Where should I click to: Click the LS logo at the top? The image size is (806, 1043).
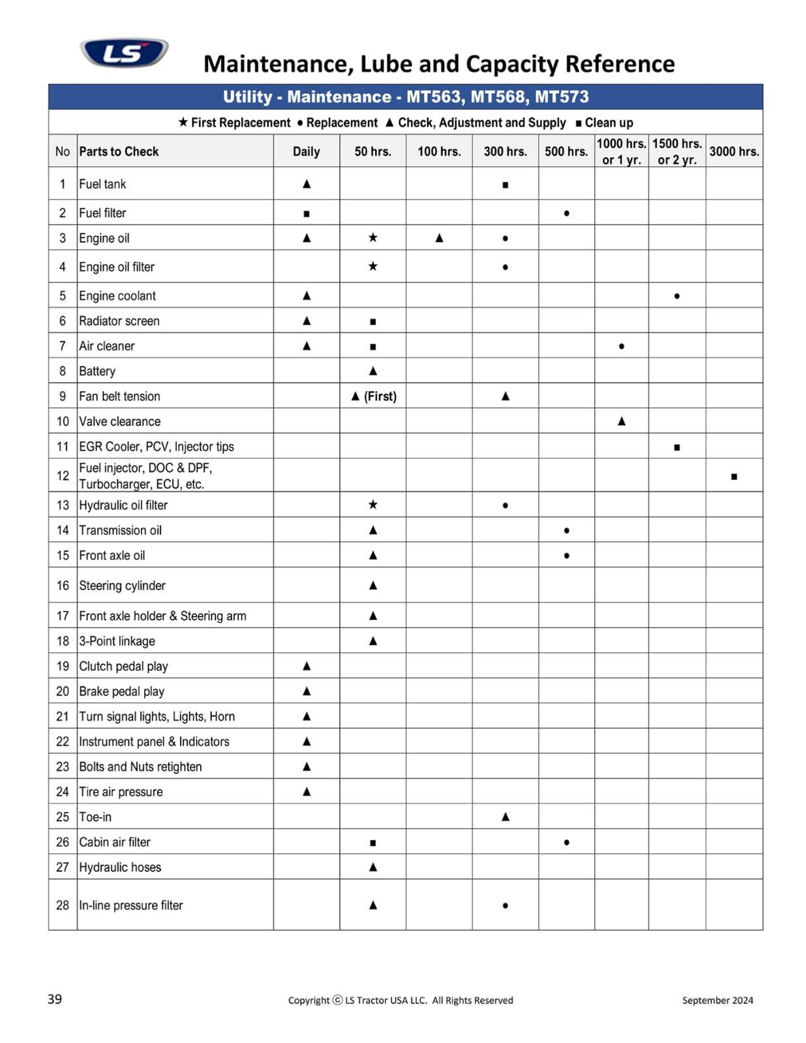pyautogui.click(x=124, y=53)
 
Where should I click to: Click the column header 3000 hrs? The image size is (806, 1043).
pyautogui.click(x=734, y=152)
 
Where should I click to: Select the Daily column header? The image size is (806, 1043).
pyautogui.click(x=306, y=152)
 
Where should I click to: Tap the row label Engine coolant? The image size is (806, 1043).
pyautogui.click(x=117, y=296)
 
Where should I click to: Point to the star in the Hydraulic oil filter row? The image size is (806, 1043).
pyautogui.click(x=373, y=505)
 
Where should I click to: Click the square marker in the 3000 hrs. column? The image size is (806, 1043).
pyautogui.click(x=734, y=477)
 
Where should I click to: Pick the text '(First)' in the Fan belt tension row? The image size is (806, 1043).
pyautogui.click(x=380, y=396)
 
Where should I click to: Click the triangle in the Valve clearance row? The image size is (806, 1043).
pyautogui.click(x=621, y=422)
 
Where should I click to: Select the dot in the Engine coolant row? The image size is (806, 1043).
pyautogui.click(x=677, y=296)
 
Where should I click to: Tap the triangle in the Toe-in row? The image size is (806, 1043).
pyautogui.click(x=505, y=817)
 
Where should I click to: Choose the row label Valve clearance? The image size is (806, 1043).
pyautogui.click(x=119, y=422)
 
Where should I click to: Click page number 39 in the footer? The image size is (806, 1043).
pyautogui.click(x=55, y=999)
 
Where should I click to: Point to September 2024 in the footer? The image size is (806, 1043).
pyautogui.click(x=717, y=1000)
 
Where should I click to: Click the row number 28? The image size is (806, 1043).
pyautogui.click(x=63, y=905)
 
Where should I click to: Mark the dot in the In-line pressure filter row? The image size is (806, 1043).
pyautogui.click(x=505, y=905)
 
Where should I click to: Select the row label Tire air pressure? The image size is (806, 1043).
pyautogui.click(x=121, y=792)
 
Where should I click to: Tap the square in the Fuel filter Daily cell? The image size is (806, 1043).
pyautogui.click(x=306, y=214)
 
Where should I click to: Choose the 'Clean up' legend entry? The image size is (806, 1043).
pyautogui.click(x=604, y=123)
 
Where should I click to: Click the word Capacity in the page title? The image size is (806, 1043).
pyautogui.click(x=512, y=64)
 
